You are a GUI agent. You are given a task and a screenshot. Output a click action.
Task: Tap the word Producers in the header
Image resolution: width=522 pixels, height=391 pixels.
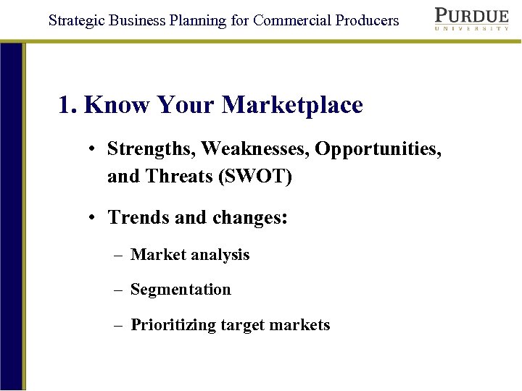(367, 20)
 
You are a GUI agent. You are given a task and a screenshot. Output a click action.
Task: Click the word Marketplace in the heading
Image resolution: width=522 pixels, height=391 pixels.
(292, 106)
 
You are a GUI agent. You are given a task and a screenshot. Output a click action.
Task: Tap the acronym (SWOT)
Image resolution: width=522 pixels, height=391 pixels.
(255, 176)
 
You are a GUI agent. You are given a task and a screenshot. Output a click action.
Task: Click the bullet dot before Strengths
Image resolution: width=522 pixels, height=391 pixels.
(94, 150)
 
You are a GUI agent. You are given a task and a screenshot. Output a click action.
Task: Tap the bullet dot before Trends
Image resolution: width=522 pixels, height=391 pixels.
(94, 218)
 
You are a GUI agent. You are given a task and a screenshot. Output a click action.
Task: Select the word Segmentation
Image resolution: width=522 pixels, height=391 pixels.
(181, 290)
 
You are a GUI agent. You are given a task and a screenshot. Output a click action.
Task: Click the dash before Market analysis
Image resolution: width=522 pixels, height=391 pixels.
(118, 256)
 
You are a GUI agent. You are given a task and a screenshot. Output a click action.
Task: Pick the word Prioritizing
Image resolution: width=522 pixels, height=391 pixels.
(173, 325)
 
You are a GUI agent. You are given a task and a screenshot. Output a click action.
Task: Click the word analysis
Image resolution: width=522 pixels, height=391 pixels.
(220, 255)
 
